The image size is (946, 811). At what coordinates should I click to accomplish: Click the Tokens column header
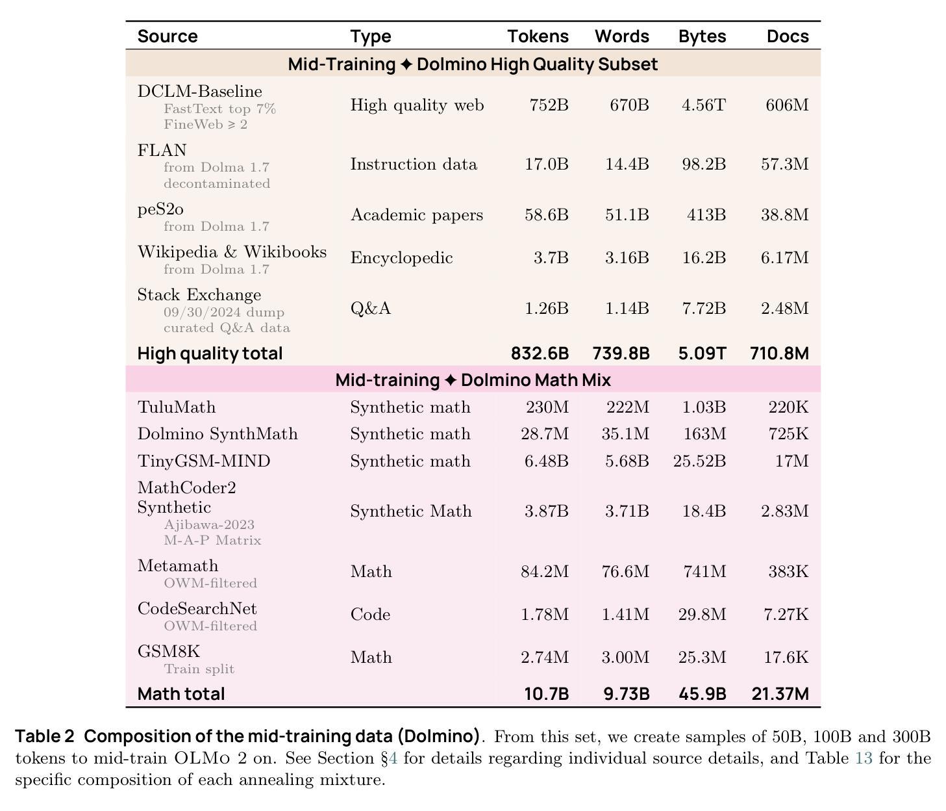538,36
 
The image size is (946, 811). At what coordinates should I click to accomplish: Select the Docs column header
788,36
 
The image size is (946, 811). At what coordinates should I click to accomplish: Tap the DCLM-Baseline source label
199,91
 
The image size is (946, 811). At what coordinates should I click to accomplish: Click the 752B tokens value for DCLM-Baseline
549,105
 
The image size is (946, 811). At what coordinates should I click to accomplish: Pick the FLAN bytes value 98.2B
703,164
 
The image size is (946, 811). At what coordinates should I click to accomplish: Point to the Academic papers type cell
416,214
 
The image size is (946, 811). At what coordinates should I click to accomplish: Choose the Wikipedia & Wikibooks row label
232,252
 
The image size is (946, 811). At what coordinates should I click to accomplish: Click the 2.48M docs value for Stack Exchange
784,308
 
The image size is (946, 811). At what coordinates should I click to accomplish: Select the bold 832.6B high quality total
540,354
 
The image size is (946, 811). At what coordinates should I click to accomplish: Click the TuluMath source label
176,407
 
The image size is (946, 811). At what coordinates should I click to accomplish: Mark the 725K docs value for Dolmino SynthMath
788,433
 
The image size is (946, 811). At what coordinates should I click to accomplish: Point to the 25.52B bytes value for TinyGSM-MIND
699,461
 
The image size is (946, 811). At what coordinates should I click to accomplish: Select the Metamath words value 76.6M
625,571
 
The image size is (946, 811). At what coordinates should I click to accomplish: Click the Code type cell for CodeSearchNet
370,614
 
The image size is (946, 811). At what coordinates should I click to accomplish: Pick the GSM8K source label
168,651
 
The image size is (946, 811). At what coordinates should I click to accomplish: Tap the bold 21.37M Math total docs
780,693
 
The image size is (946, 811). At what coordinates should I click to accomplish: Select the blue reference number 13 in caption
864,758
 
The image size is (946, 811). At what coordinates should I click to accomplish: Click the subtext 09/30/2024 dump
224,312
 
